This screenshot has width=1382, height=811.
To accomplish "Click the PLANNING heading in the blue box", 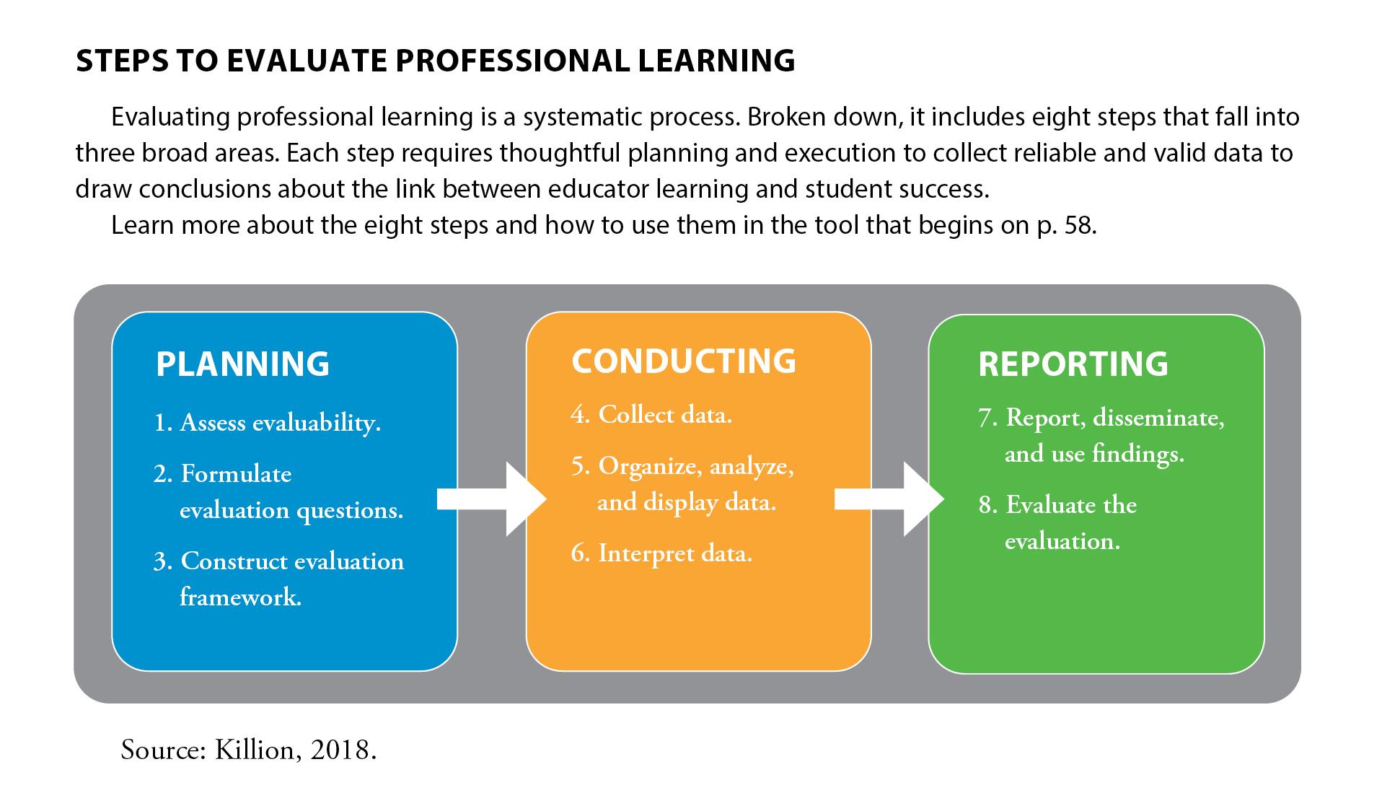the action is click(x=242, y=364).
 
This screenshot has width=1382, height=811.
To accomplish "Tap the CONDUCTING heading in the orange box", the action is click(x=684, y=361).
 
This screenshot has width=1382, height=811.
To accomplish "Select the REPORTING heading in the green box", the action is click(x=1073, y=364).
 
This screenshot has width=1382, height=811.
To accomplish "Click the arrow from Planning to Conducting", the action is click(x=492, y=499).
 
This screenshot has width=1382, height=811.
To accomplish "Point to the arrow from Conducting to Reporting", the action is click(x=889, y=499).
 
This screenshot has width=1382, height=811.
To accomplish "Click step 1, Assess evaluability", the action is click(x=268, y=423).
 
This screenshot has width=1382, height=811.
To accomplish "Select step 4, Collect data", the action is click(x=651, y=415).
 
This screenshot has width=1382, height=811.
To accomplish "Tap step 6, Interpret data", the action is click(x=661, y=554).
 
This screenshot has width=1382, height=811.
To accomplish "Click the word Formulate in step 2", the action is click(x=236, y=474).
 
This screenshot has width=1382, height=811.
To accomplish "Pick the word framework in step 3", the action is click(x=240, y=597).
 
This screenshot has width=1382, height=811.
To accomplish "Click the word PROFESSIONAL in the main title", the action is click(x=513, y=61).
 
